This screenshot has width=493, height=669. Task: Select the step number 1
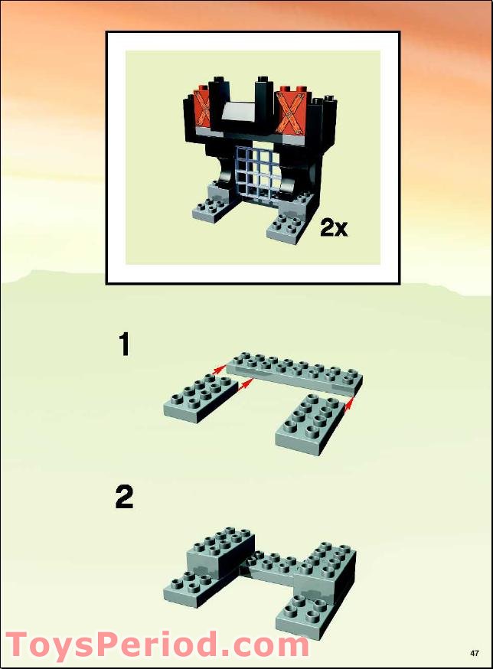(x=123, y=345)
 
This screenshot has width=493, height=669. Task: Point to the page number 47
(x=475, y=653)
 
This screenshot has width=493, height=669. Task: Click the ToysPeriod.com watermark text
(x=157, y=645)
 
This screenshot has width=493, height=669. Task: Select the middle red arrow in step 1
(x=246, y=389)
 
